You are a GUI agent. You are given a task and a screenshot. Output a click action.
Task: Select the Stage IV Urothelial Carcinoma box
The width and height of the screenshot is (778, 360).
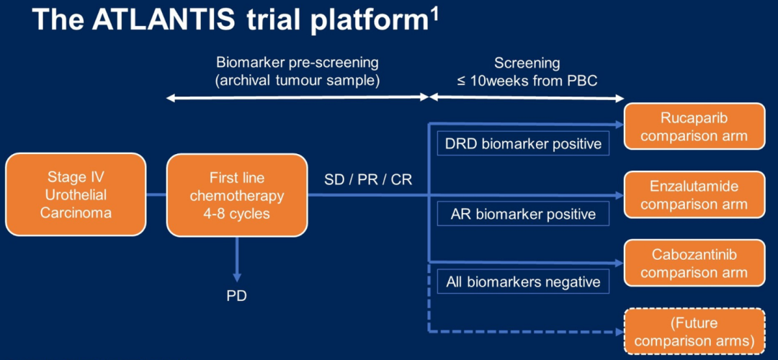tap(76, 194)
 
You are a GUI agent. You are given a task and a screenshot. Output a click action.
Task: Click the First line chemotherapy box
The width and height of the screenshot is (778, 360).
tap(237, 195)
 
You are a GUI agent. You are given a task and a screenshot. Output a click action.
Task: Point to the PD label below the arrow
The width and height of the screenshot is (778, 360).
tap(236, 296)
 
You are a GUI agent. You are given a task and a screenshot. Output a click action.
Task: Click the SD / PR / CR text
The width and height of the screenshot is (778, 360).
tap(368, 179)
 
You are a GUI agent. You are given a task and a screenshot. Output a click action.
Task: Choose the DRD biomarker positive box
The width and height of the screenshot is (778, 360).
tap(523, 144)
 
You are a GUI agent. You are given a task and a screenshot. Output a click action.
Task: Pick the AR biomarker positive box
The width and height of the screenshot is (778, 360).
tap(523, 214)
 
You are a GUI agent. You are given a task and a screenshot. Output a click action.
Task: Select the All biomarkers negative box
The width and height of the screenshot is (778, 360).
tap(523, 282)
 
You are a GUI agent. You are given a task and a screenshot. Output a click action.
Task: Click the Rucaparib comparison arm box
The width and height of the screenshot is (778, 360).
tap(694, 127)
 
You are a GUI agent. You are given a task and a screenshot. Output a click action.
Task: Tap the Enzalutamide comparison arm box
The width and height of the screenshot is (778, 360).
tap(694, 195)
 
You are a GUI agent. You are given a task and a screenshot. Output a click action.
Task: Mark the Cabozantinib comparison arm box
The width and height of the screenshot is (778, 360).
tap(694, 264)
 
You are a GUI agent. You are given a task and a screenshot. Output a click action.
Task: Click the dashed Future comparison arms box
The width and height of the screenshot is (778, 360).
tap(694, 332)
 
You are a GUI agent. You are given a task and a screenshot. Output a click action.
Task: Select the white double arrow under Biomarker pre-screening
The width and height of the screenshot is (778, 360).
tap(297, 98)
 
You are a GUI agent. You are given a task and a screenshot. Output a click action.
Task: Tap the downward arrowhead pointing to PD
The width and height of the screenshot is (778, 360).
tap(236, 276)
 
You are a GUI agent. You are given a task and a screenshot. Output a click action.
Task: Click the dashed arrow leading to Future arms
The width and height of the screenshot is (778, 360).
tap(526, 332)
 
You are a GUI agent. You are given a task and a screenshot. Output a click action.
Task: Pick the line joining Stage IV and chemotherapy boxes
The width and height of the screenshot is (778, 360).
tap(156, 194)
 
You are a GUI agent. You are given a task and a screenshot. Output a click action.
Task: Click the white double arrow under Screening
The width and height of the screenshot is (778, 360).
tap(527, 98)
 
